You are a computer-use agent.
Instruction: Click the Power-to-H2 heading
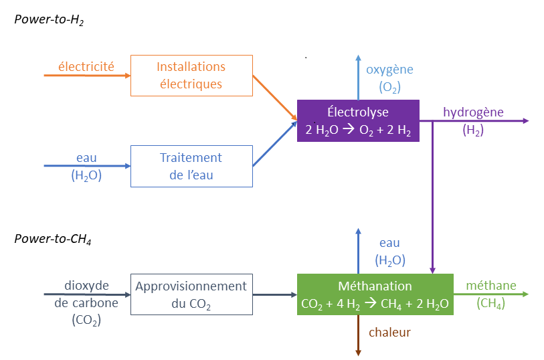pos(49,20)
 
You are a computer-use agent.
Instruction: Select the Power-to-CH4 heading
pos(53,239)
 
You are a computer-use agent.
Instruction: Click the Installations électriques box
pos(191,76)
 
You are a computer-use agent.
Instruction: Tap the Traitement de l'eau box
pos(191,167)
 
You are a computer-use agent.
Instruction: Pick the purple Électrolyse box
pos(358,120)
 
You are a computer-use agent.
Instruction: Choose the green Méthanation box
pos(375,294)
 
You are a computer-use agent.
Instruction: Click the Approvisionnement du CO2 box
pos(191,294)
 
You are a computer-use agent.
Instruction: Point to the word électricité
pos(86,66)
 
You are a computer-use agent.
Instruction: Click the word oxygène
pos(389,70)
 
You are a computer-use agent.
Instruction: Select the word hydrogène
pos(473,112)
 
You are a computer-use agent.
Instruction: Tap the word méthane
pos(491,286)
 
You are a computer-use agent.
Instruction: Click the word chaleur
pos(389,333)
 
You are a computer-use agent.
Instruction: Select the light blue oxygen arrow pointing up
pos(358,77)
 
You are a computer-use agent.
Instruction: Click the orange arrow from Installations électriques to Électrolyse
pos(275,98)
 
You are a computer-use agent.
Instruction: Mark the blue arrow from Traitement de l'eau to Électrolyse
pos(275,145)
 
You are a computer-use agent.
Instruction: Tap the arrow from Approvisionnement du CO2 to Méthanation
pos(275,294)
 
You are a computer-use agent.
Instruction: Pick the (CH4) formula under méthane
pos(491,304)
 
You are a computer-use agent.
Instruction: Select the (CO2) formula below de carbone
pos(86,321)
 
